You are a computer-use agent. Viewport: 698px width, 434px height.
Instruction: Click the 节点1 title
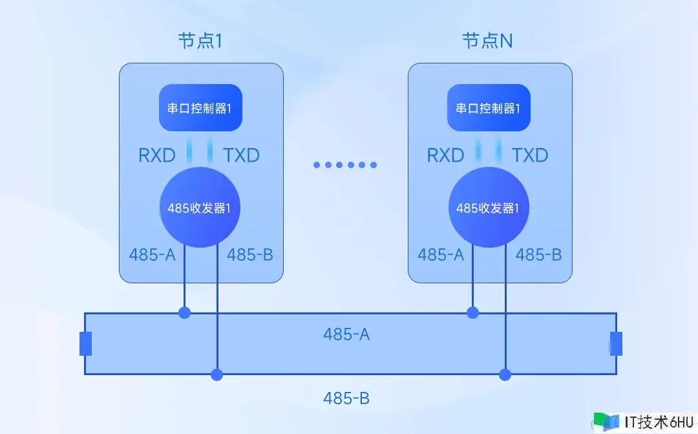(200, 41)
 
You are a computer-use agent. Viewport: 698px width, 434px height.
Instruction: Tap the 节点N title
(488, 41)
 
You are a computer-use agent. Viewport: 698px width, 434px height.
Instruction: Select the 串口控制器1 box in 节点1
(201, 108)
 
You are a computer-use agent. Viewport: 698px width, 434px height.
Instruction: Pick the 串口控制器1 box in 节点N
(489, 108)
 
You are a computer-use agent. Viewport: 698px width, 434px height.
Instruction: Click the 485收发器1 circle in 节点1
(201, 208)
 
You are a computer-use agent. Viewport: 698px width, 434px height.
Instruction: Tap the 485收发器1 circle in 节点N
(489, 208)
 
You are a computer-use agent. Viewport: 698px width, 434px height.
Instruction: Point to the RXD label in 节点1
(157, 155)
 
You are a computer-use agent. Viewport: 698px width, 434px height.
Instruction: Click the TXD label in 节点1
(241, 155)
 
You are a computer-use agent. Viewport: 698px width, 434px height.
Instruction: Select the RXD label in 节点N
(445, 155)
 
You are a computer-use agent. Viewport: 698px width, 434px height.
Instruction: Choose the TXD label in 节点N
(530, 155)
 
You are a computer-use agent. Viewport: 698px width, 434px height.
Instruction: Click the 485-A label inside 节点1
(152, 254)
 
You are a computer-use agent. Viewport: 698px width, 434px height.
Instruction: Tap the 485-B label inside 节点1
(250, 254)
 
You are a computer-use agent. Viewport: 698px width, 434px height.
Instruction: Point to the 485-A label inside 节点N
(441, 254)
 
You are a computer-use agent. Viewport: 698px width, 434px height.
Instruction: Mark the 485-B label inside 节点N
(538, 254)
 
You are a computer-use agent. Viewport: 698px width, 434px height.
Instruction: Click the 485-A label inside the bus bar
(346, 334)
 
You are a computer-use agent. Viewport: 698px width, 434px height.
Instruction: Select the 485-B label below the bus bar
(346, 398)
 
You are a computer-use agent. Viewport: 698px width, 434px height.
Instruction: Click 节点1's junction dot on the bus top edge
(185, 313)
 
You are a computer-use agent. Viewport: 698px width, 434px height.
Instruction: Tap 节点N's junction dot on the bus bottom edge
(505, 374)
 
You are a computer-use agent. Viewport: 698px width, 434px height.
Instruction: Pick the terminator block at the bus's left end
(85, 343)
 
